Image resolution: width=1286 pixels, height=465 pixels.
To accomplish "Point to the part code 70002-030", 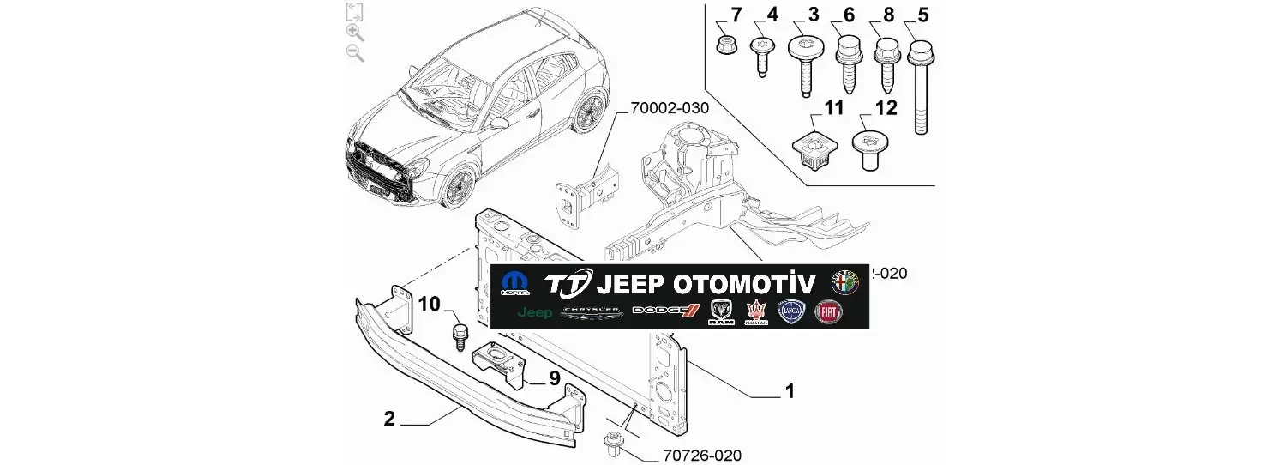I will click(x=670, y=108).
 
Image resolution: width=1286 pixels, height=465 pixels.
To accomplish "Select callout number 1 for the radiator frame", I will click(x=790, y=392).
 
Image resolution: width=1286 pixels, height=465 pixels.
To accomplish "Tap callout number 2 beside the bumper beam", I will click(x=389, y=419).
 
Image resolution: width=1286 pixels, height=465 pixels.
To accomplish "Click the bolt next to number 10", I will click(x=460, y=335).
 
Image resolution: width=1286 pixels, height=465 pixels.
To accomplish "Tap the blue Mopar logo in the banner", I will click(x=515, y=284).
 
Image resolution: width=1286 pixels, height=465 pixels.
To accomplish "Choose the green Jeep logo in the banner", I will click(x=535, y=313).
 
